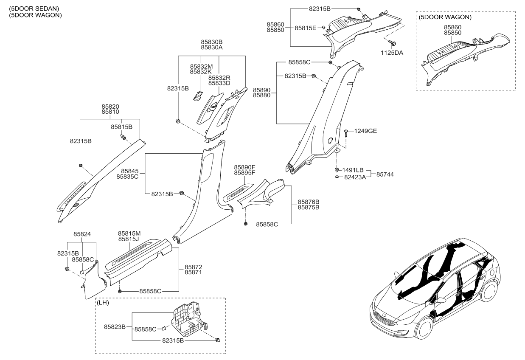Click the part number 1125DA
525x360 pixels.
coord(392,53)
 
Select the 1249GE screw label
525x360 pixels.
coord(365,131)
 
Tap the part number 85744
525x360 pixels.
coord(385,174)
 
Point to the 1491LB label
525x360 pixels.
coord(353,170)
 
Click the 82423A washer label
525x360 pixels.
coord(355,177)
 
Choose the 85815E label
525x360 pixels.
coord(306,28)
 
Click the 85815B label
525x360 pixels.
coord(122,127)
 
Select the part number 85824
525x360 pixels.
coord(82,234)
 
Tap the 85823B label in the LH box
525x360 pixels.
coord(115,327)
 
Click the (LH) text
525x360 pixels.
coord(103,303)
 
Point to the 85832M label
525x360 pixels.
coord(201,67)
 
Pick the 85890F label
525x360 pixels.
coord(244,167)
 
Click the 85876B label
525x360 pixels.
coord(309,202)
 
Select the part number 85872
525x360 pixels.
coord(194,267)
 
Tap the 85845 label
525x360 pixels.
coord(130,171)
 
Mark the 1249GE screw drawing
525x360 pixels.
coord(346,133)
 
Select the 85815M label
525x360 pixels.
coord(129,233)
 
